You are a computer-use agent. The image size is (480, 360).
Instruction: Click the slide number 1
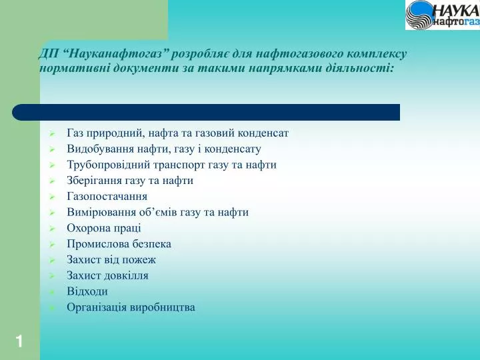pyautogui.click(x=19, y=341)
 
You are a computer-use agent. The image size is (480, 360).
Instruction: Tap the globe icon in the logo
pyautogui.click(x=420, y=15)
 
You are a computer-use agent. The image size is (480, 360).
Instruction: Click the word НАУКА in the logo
pyautogui.click(x=456, y=11)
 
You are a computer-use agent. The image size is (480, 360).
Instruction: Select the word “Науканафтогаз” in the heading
pyautogui.click(x=117, y=54)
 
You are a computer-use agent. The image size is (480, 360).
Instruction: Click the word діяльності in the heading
pyautogui.click(x=366, y=68)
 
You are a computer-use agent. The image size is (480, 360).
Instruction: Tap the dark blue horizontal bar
pyautogui.click(x=206, y=112)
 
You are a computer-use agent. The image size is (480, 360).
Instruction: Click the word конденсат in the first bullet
pyautogui.click(x=263, y=133)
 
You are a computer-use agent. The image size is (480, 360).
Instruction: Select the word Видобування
pyautogui.click(x=101, y=149)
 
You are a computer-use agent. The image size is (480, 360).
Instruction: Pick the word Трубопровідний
pyautogui.click(x=109, y=165)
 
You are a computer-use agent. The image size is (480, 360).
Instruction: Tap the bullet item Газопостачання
pyautogui.click(x=107, y=196)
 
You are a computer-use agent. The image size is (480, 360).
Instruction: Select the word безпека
pyautogui.click(x=152, y=244)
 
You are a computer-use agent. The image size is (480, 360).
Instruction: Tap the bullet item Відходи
pyautogui.click(x=87, y=291)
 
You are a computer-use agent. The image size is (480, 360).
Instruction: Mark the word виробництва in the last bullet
pyautogui.click(x=163, y=307)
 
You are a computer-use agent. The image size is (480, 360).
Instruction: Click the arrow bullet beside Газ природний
pyautogui.click(x=52, y=133)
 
